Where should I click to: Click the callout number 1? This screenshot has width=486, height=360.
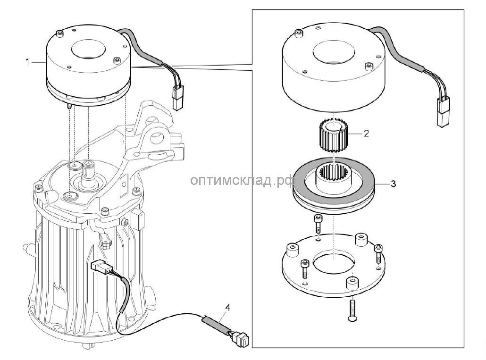[27, 61]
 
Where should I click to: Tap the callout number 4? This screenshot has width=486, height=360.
[228, 307]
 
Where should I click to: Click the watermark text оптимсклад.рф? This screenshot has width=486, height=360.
[243, 181]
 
